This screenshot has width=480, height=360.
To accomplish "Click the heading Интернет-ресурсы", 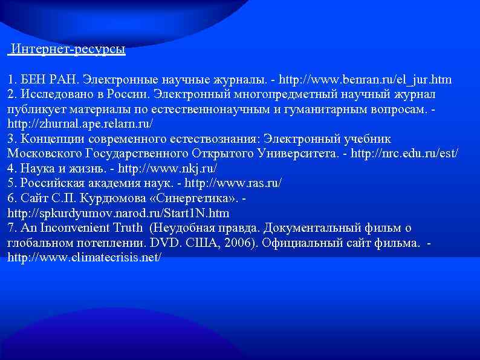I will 68,50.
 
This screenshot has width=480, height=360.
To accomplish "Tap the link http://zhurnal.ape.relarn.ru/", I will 80,124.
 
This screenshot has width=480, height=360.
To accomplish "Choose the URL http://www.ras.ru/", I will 233,183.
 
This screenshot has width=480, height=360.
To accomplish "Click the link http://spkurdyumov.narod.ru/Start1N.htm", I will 118,213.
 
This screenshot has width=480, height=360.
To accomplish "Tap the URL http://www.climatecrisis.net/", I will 84,258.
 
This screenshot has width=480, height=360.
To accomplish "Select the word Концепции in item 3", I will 51,139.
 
